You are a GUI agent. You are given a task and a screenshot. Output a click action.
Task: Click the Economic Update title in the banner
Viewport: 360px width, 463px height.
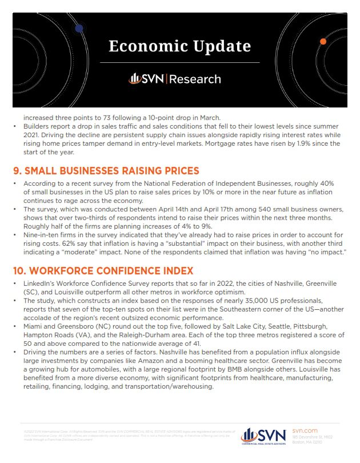pos(179,46)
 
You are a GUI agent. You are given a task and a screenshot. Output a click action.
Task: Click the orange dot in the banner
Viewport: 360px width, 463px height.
pos(323,42)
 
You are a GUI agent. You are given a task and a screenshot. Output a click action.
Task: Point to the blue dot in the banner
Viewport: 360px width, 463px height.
pos(79,27)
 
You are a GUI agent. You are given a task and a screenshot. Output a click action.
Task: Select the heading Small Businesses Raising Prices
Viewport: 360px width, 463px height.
pos(106,170)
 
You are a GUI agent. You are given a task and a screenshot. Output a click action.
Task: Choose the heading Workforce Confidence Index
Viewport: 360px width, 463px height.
pos(103,270)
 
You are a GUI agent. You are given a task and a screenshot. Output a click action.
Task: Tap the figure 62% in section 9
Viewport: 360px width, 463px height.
pos(95,242)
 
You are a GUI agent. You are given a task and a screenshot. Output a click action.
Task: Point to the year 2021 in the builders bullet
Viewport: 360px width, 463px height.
pos(31,134)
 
